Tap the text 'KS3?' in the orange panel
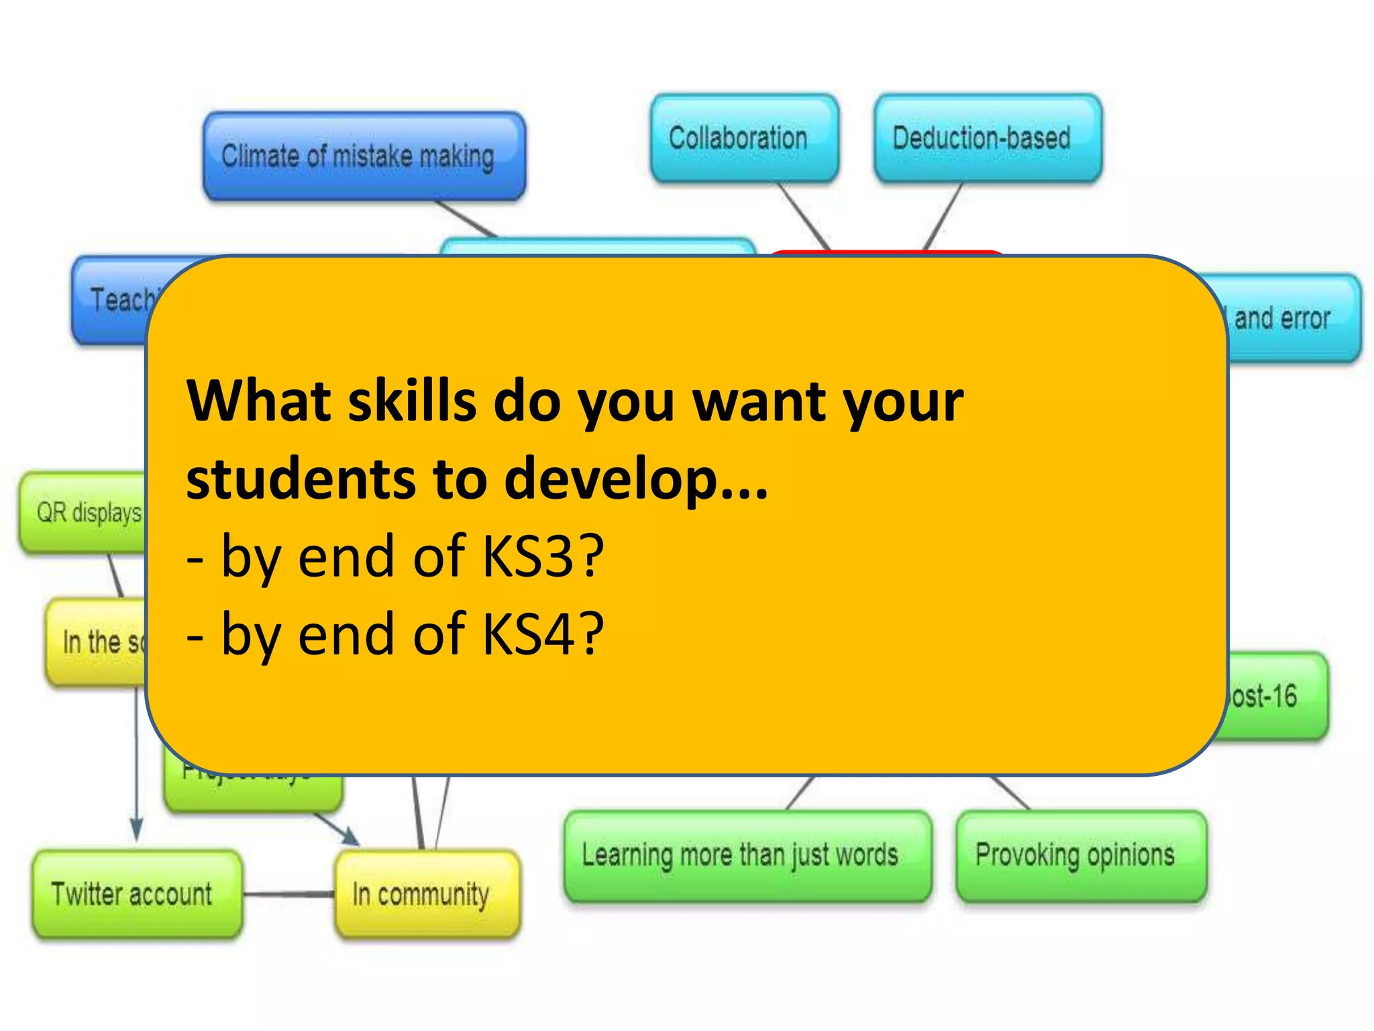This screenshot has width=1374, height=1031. tap(543, 556)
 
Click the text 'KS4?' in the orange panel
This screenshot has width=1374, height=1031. tap(543, 634)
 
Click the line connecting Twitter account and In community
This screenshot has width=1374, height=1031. tap(288, 894)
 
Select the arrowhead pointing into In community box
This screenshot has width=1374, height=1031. tap(350, 836)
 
